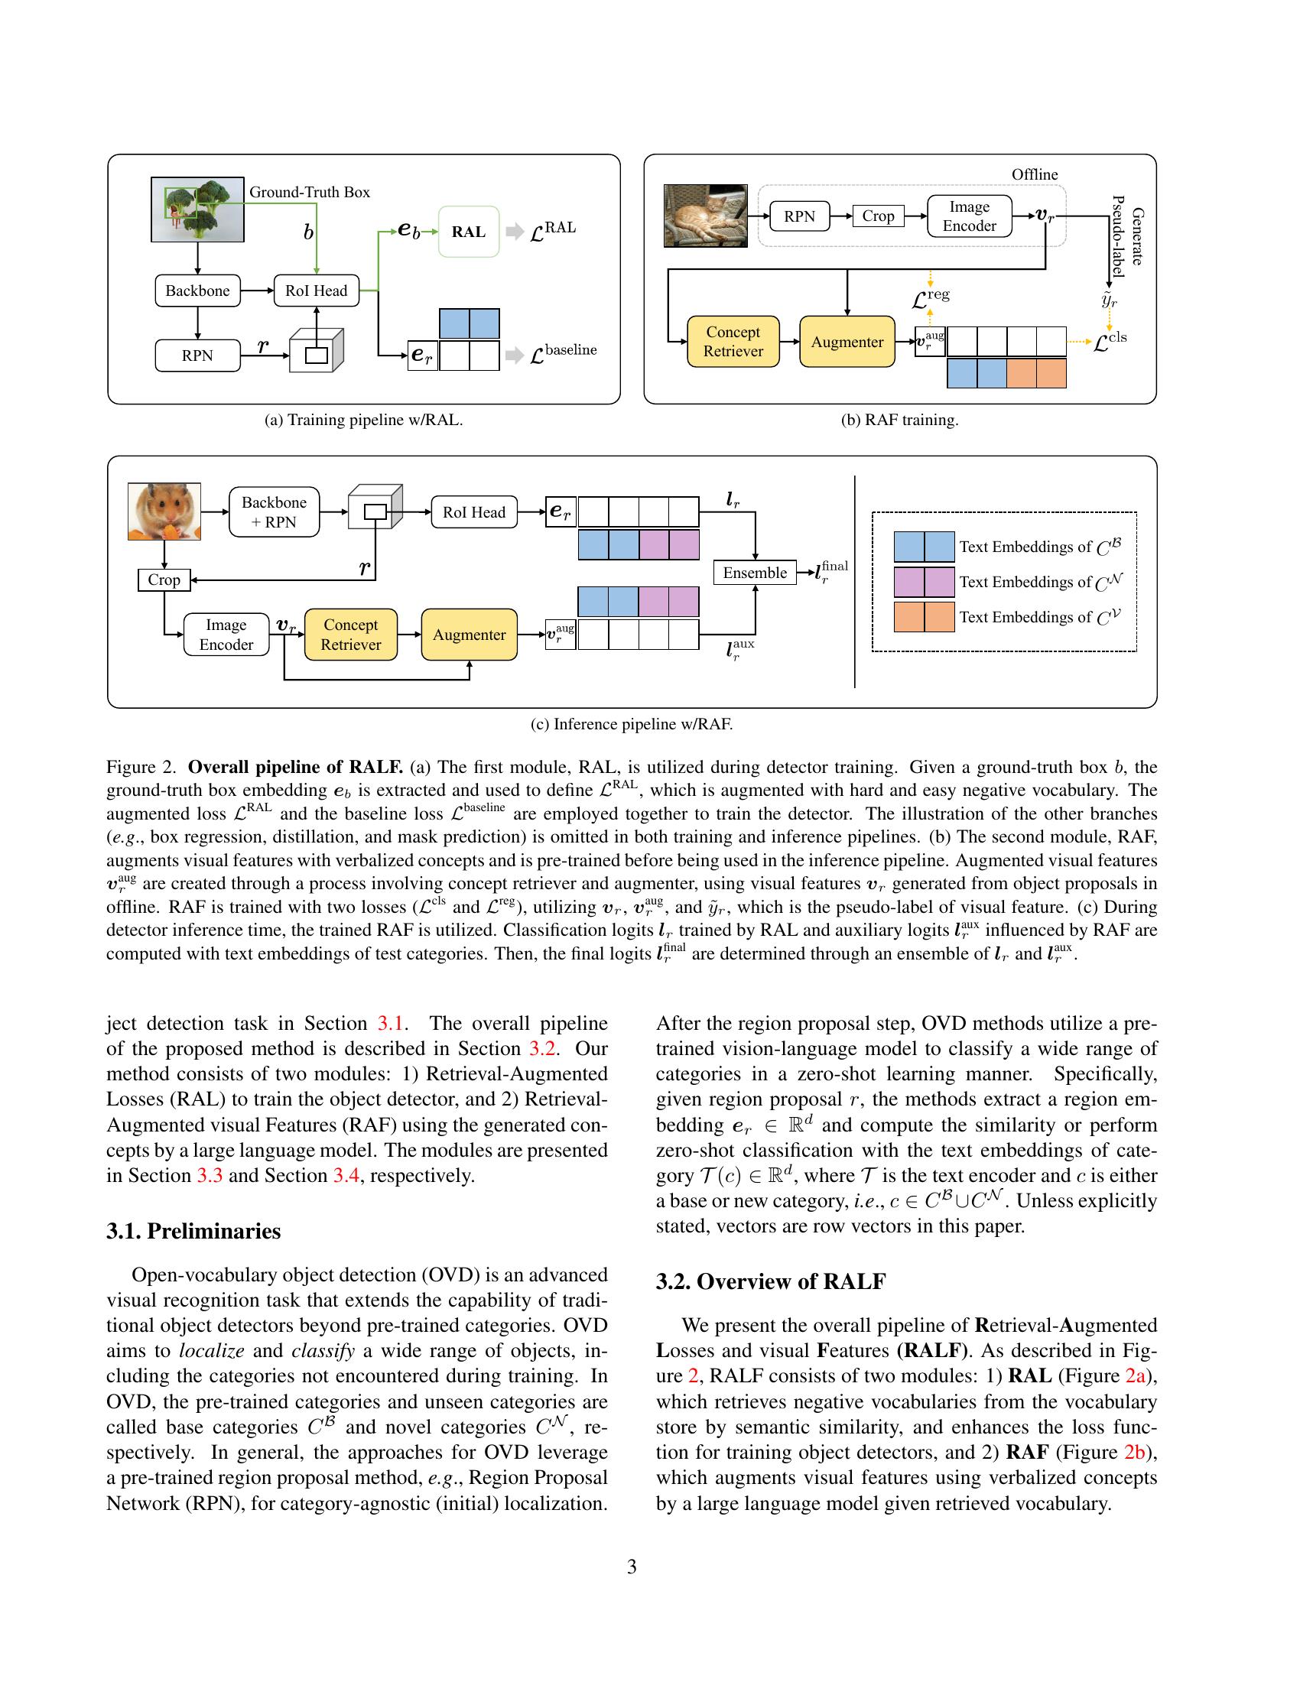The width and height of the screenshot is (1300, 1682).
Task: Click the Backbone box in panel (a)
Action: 198,291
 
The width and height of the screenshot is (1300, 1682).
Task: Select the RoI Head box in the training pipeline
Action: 317,291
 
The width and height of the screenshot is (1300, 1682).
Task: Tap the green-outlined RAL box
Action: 469,232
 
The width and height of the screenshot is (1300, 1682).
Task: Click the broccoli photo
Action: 198,209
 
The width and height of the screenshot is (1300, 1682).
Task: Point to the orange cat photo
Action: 706,216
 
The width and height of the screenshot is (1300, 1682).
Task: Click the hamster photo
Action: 164,511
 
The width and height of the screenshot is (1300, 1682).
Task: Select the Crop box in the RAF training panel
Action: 878,216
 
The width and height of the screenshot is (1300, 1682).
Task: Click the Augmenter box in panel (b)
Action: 847,342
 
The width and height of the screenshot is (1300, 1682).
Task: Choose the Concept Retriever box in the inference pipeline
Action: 350,635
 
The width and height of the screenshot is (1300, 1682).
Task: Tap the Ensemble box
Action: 755,572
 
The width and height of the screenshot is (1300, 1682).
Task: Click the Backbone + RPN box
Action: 275,512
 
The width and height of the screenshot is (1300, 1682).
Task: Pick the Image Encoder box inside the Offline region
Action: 969,216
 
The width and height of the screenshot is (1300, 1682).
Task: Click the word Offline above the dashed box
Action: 1035,175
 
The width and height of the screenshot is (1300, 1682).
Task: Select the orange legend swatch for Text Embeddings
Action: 924,618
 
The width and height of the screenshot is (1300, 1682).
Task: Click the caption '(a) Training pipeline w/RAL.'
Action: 363,420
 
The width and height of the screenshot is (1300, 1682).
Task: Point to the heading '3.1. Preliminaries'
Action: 193,1231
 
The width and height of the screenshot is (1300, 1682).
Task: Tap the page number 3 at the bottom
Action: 632,1567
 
